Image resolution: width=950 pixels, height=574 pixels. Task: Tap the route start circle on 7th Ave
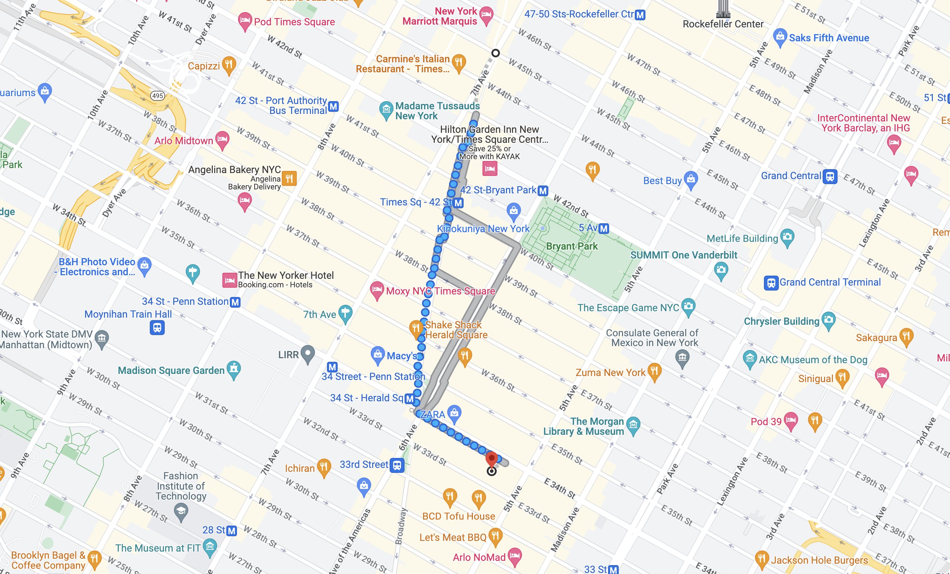click(x=495, y=53)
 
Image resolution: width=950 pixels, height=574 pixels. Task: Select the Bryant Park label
click(x=572, y=246)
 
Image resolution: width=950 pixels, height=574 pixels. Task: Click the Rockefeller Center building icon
click(x=723, y=9)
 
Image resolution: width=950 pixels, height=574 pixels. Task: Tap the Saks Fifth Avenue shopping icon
click(x=780, y=37)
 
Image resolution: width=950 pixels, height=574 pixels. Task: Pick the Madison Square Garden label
click(x=171, y=370)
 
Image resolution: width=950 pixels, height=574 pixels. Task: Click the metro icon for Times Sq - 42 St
click(x=458, y=203)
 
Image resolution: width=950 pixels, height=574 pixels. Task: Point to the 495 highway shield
click(x=157, y=96)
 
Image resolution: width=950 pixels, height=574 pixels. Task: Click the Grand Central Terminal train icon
click(x=771, y=283)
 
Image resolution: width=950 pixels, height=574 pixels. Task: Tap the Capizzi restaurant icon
click(x=229, y=64)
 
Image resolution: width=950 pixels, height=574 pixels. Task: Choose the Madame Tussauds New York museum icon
click(x=386, y=110)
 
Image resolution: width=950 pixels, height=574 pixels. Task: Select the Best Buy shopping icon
click(x=691, y=179)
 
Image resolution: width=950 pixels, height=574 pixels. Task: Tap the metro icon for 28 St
click(x=231, y=531)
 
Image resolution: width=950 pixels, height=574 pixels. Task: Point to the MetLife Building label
click(x=742, y=239)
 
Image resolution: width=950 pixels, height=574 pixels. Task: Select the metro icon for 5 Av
click(x=604, y=228)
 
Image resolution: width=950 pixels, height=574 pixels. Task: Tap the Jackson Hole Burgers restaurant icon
click(x=761, y=558)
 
